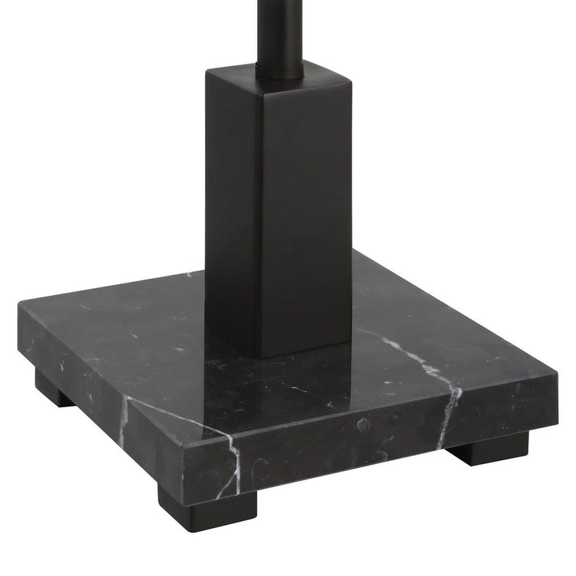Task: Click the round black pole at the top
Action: [x=280, y=27]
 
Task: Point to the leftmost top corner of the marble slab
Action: [x=21, y=309]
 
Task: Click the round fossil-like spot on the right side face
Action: [x=363, y=425]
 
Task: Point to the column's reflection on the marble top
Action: [x=274, y=384]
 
